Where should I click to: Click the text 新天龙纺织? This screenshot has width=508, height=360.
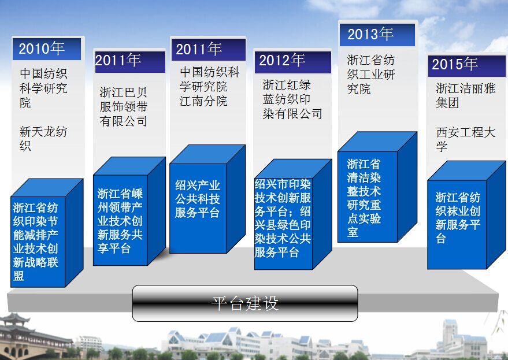[43, 138]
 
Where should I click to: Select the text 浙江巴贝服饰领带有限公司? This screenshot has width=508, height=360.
[124, 106]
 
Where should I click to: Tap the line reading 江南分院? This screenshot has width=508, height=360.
[203, 101]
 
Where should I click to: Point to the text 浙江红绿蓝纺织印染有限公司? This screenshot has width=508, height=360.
[292, 99]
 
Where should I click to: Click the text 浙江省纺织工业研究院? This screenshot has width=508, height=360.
[371, 74]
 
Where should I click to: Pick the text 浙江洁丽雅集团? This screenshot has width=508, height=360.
[466, 95]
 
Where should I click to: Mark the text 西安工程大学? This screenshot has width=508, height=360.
[466, 139]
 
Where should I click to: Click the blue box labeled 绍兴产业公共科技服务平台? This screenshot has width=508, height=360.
[207, 199]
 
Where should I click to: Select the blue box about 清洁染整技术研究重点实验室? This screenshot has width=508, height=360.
[377, 187]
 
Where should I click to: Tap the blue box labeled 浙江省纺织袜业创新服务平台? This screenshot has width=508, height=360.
[466, 215]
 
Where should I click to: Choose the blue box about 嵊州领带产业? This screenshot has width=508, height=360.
[129, 211]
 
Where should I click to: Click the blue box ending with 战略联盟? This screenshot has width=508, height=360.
[47, 233]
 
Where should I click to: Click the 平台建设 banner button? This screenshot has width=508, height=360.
[245, 303]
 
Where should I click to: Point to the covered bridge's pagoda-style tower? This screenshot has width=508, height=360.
[14, 320]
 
